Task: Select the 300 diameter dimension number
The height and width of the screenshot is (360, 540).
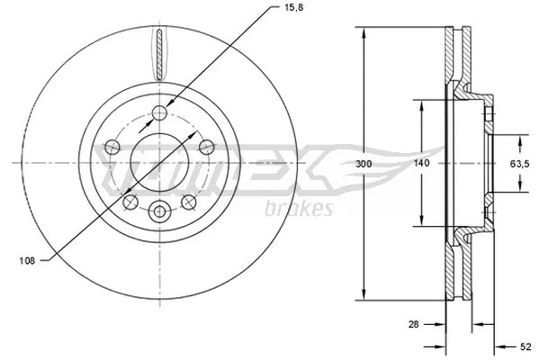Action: [x=363, y=164]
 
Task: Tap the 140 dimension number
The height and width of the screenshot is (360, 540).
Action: [x=420, y=164]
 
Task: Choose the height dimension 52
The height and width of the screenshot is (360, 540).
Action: [x=526, y=344]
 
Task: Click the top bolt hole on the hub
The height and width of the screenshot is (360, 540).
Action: [x=160, y=112]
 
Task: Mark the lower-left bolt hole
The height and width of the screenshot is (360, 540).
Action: [x=131, y=200]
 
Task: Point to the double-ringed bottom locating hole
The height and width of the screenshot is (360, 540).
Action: [x=160, y=212]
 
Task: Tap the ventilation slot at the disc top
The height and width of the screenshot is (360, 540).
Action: [x=160, y=54]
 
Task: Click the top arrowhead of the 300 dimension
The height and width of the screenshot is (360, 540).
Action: [x=363, y=32]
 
